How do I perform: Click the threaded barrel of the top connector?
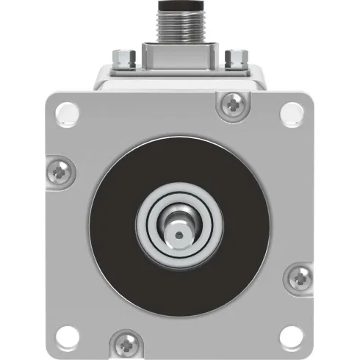pos(180,25)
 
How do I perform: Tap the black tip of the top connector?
pos(180,4)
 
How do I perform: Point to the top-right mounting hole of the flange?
pos(292,111)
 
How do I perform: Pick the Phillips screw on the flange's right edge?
pos(300,277)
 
